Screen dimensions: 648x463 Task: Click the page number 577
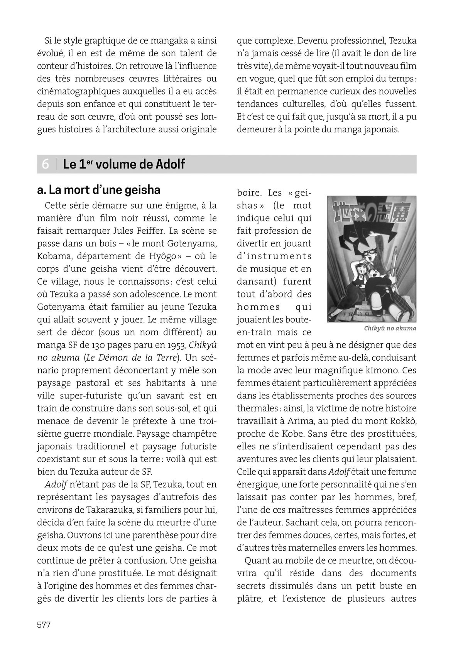44,625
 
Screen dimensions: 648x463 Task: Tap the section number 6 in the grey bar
45,164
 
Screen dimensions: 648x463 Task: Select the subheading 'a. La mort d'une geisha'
99,190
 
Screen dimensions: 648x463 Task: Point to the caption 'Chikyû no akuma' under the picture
390,329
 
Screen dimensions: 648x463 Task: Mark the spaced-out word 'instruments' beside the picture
274,256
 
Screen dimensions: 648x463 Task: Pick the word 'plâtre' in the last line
249,599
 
